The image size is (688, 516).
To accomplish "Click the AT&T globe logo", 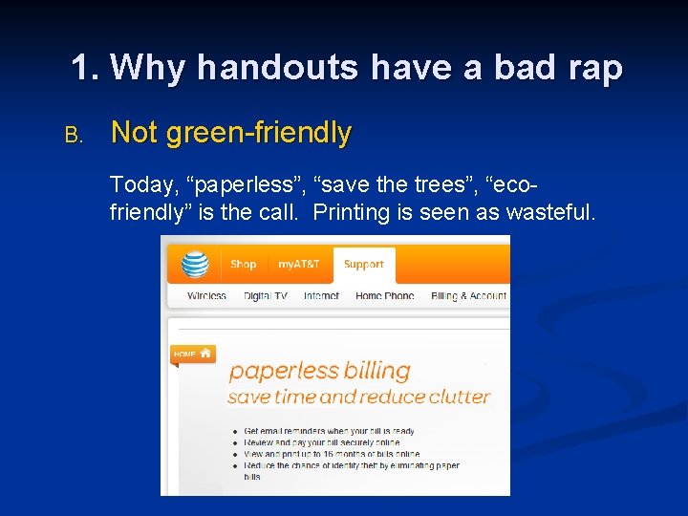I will [x=195, y=263].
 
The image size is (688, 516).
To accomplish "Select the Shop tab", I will [x=244, y=265].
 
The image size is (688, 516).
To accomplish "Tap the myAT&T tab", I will [x=299, y=265].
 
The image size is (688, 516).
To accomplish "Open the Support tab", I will [x=363, y=265].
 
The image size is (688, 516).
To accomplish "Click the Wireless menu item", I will [x=206, y=296].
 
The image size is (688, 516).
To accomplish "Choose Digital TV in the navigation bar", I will [x=265, y=296].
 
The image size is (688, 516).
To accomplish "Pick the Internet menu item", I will [x=321, y=296].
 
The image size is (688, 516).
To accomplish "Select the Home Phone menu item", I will [x=384, y=296].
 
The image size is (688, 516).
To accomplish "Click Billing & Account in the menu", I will [x=468, y=296].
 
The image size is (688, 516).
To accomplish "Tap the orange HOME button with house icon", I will [x=191, y=354].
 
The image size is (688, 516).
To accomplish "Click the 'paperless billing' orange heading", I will [x=319, y=371].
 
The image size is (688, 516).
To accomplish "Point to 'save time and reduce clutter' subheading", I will [x=358, y=397].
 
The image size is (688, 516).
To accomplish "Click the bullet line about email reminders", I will [x=329, y=431].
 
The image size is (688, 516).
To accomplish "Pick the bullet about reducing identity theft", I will [x=351, y=466].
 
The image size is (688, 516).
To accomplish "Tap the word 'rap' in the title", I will [x=594, y=68].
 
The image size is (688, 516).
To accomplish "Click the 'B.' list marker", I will [x=74, y=135].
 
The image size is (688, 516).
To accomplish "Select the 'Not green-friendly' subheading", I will [x=231, y=133].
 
